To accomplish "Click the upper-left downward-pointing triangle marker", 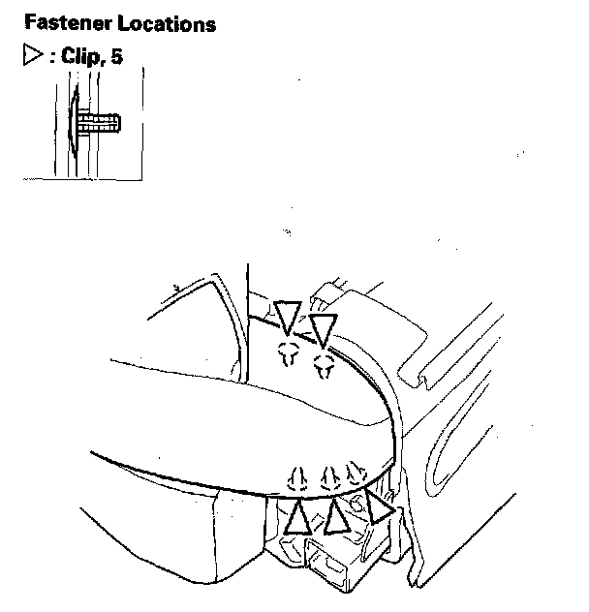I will pyautogui.click(x=287, y=316).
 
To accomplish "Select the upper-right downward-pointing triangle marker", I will pyautogui.click(x=324, y=329).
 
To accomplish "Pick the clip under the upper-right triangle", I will pyautogui.click(x=325, y=365).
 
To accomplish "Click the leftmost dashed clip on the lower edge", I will pyautogui.click(x=299, y=478).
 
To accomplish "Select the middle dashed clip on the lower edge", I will pyautogui.click(x=330, y=477).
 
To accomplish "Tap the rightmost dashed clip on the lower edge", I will pyautogui.click(x=356, y=473).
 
